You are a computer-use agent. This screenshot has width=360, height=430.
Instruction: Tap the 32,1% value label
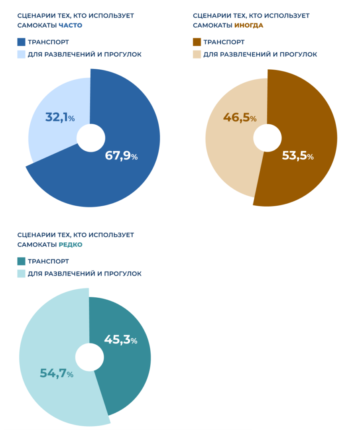click(60, 118)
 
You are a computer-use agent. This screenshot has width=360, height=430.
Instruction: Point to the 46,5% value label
click(240, 118)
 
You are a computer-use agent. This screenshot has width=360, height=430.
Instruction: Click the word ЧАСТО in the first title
click(70, 25)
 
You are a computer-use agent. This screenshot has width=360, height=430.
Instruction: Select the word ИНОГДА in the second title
click(249, 25)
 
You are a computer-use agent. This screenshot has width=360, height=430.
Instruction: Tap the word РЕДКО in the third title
click(70, 244)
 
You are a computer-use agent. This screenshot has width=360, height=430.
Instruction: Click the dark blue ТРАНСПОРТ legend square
click(21, 42)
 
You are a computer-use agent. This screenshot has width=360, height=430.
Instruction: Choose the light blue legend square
click(21, 54)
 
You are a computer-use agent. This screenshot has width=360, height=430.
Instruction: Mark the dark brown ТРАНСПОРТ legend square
click(197, 42)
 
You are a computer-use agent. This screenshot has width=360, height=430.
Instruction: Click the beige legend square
click(197, 54)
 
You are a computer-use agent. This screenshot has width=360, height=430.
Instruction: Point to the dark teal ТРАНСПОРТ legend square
click(21, 261)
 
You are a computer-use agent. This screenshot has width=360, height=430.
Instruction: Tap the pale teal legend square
click(21, 273)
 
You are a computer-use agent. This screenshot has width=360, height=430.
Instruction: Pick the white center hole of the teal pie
click(89, 357)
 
